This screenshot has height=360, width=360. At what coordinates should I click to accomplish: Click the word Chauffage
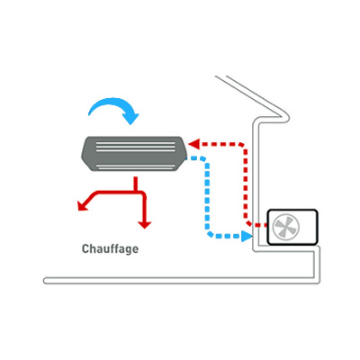coord(110,249)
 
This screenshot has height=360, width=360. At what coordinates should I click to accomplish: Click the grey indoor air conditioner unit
coord(133,154)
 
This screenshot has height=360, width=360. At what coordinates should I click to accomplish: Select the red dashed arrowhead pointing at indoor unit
coord(193,144)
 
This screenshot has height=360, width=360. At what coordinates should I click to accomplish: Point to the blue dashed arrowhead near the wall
coord(247,236)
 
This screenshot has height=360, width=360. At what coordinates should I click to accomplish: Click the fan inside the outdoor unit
coord(286,227)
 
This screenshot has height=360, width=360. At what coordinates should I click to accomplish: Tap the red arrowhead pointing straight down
coord(145,225)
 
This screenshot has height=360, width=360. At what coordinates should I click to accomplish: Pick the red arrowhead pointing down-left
coord(82,205)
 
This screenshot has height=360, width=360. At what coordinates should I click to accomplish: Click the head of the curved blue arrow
coord(131,119)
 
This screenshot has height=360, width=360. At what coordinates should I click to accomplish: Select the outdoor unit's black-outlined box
coord(292,227)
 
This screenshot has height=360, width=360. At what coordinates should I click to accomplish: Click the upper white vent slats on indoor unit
coord(135,146)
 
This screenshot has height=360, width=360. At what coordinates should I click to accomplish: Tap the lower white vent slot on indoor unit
coord(136,166)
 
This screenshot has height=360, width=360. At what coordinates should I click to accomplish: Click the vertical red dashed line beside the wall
coord(246,183)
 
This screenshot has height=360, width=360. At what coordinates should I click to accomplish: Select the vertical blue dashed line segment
coord(207,196)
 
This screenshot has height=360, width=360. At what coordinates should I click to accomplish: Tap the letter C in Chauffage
coord(85,249)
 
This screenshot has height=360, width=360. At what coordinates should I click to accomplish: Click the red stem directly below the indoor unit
coord(136,184)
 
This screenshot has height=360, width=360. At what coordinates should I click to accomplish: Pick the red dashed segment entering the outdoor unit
coord(259,225)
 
